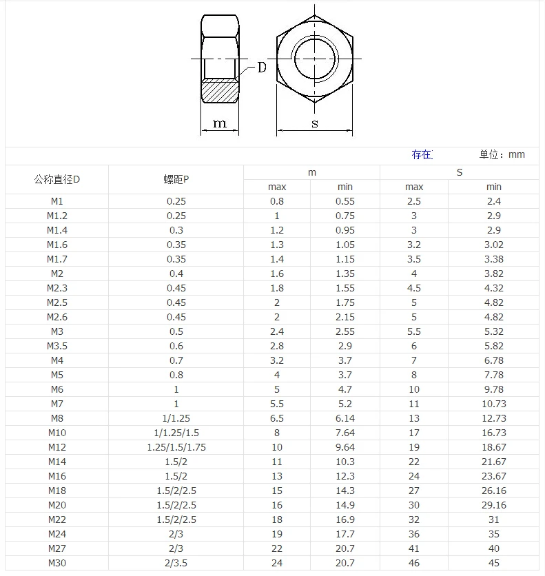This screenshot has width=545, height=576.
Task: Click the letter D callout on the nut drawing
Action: tap(262, 68)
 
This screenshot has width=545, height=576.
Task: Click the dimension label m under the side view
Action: tap(220, 123)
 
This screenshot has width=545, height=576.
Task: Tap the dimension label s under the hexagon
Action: tap(315, 123)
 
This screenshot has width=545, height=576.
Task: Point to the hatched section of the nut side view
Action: tap(220, 91)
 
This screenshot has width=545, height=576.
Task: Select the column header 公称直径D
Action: tap(57, 180)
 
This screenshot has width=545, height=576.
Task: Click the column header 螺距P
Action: tap(176, 180)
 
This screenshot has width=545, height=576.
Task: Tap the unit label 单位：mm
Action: tap(502, 154)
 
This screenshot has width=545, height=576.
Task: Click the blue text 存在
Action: tap(422, 154)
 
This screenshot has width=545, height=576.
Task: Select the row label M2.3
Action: tap(57, 288)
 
